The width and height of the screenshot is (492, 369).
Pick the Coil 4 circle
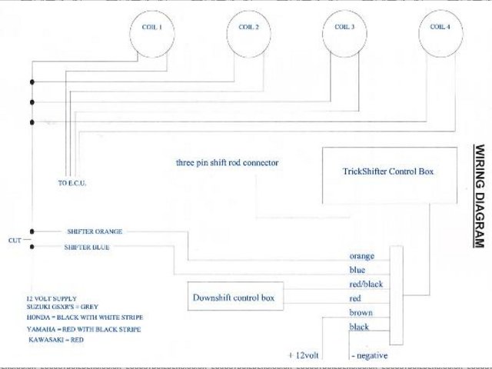click(440, 32)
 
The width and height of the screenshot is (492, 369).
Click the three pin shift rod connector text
click(227, 163)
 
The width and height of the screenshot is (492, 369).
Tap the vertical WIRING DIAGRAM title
click(478, 196)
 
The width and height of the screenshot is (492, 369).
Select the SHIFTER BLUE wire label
click(87, 248)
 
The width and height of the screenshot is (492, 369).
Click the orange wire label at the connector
click(362, 256)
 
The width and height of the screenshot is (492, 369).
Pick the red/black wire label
click(365, 284)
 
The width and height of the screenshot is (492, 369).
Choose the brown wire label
click(361, 313)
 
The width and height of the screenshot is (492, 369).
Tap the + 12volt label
click(304, 355)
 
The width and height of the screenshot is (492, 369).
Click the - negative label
click(370, 356)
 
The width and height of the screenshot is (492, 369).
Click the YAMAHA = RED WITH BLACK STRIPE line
click(83, 328)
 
